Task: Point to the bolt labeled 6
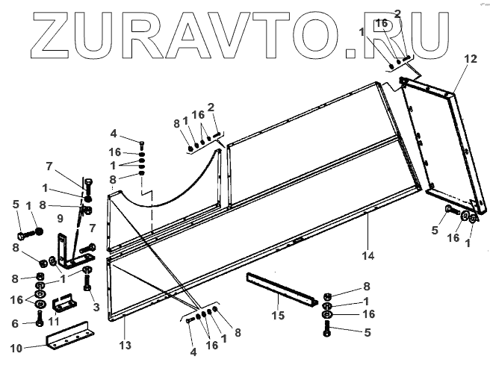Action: [x=39, y=322]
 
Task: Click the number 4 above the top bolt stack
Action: [x=114, y=134]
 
